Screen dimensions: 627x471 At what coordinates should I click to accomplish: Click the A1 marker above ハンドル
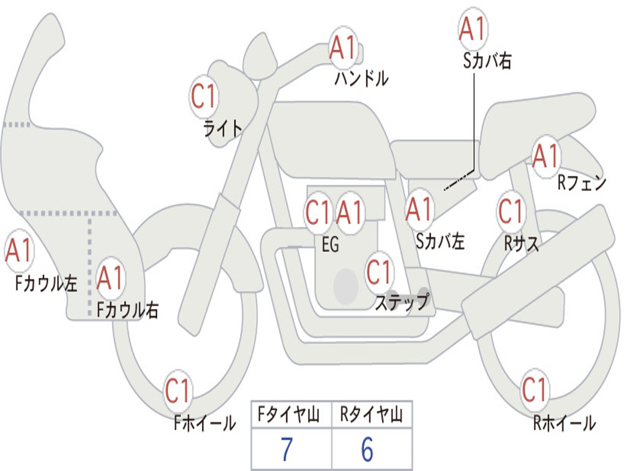point(343,48)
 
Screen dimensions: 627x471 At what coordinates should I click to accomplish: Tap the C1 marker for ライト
point(204,96)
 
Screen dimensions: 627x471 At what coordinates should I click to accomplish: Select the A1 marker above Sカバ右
point(473,28)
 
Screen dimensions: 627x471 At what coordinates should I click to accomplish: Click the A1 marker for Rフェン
point(546,156)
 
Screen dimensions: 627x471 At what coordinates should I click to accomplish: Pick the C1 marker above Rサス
point(511,211)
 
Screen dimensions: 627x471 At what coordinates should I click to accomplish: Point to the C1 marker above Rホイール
point(534,389)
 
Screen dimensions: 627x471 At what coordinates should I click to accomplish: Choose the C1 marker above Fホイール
point(178,391)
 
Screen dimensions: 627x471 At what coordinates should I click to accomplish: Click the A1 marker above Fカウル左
point(18,250)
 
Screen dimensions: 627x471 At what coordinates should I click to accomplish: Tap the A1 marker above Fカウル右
point(110,278)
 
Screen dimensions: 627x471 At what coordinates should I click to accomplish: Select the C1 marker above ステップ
point(378,272)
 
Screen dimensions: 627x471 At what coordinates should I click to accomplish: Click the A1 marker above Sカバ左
point(419,210)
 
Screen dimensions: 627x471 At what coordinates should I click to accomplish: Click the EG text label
point(330,244)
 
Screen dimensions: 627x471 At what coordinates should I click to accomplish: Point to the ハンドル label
point(361,78)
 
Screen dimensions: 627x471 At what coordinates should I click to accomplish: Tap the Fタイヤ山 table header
point(288,414)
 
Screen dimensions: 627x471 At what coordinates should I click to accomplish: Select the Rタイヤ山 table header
point(372,414)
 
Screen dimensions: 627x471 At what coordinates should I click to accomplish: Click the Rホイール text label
point(565,423)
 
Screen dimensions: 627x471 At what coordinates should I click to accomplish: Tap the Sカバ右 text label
point(487,61)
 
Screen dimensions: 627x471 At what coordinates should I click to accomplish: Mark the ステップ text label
point(402,302)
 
